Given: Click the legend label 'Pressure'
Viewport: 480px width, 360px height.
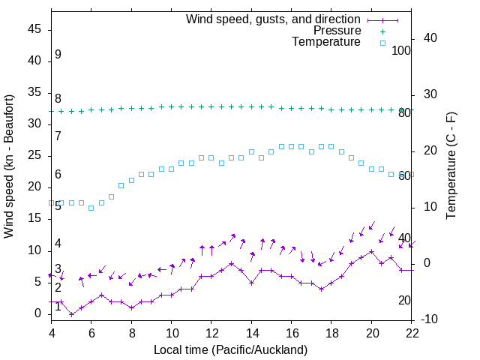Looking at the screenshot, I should point(337,31).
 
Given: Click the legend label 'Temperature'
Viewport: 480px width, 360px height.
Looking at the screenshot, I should point(326,43).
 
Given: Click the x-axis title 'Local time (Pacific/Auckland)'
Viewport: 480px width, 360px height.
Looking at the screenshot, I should point(230,349).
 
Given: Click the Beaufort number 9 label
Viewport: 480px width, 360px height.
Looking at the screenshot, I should point(58,55).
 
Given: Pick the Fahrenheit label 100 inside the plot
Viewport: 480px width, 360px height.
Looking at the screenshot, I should point(401,50).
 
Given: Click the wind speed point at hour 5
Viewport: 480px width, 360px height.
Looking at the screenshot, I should point(71,314).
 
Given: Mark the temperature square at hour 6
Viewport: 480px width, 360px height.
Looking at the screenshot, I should point(91,208).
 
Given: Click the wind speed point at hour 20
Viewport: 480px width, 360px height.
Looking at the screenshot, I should point(371,251).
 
